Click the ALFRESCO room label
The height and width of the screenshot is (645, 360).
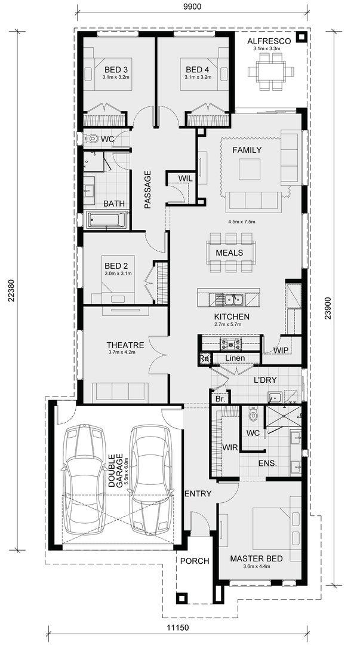click(x=269, y=41)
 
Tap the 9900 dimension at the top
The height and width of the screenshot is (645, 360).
click(x=191, y=6)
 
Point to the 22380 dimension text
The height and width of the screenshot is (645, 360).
click(x=11, y=291)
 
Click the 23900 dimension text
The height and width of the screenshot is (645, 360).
click(x=328, y=308)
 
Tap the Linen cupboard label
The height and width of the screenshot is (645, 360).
click(x=235, y=358)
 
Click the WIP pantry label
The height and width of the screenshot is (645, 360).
click(x=281, y=350)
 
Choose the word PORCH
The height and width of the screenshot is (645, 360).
click(x=195, y=561)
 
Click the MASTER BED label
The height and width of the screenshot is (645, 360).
click(x=256, y=558)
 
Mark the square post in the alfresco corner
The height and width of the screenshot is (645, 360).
click(x=301, y=37)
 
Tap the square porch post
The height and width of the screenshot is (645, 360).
click(x=181, y=598)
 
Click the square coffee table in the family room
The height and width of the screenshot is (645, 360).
click(x=250, y=170)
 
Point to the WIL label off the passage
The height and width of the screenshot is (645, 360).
click(x=186, y=178)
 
